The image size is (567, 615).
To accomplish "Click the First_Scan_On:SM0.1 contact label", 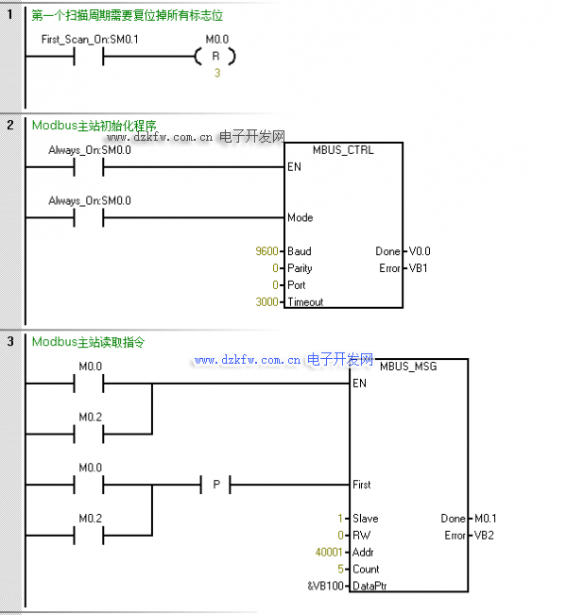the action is coord(90,40).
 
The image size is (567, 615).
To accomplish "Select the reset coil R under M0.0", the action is coord(215,57).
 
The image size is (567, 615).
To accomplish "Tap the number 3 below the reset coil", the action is coord(217,73).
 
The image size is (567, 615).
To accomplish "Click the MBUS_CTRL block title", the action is coord(343,150).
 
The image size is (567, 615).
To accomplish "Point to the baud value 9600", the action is coord(266,251).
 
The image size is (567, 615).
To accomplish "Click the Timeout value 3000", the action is coord(266,301).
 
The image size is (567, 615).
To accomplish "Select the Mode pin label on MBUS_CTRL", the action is coord(301,217).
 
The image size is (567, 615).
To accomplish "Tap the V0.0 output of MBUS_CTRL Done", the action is coord(420,251).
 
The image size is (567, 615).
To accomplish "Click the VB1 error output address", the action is coord(418,268).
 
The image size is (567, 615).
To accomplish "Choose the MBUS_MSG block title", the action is coord(408,367).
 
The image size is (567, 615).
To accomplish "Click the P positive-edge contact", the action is coord(216,485).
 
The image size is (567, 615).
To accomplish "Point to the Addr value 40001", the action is coord(329,553).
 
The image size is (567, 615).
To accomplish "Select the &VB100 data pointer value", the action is coord(326,586).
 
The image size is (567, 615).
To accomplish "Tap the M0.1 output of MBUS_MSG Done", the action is coord(486,519).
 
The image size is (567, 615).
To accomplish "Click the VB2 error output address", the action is coord(484,536).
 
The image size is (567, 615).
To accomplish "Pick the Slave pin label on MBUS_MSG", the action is coord(366,519).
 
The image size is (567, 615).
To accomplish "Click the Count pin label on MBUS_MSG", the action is coord(366,569).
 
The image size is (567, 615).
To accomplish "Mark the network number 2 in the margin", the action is coord(10,125).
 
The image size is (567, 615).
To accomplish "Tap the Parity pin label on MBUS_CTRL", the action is coord(300,268).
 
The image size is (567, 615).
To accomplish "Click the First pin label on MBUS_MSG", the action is coord(361,485).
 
